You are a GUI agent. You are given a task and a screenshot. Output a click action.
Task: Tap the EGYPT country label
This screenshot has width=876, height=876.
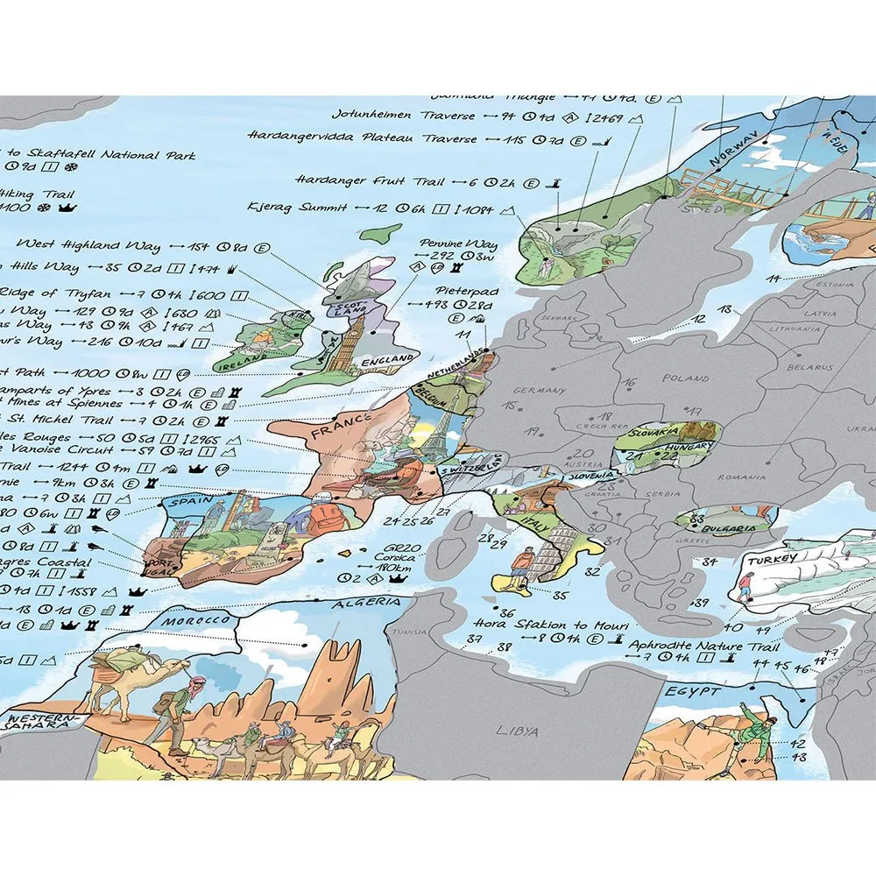point(692,692)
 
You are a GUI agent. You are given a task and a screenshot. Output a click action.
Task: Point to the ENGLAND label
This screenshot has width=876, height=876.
point(390,359)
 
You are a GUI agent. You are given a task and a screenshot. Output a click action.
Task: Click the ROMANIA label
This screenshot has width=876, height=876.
point(736,476)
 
